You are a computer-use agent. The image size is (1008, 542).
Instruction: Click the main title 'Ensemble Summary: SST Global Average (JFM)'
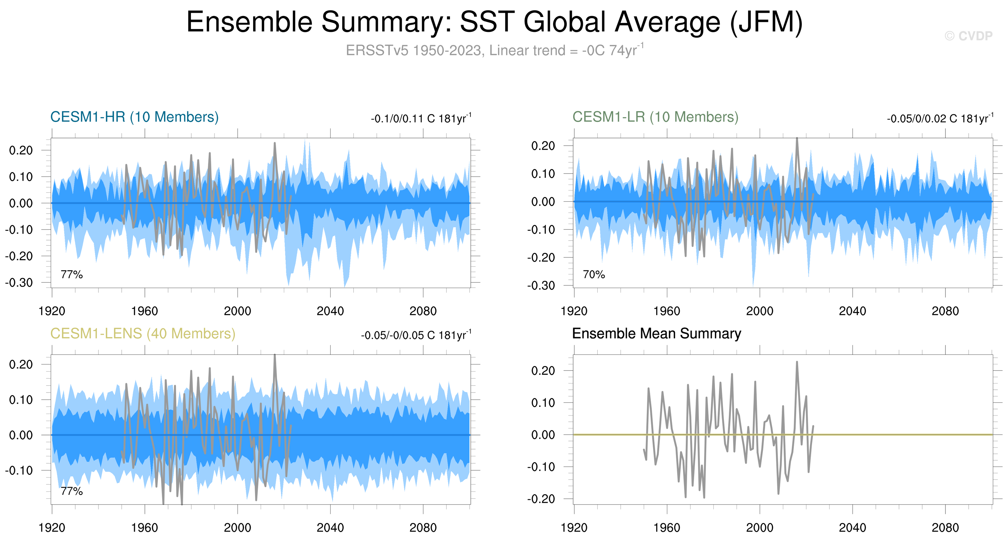coord(495,22)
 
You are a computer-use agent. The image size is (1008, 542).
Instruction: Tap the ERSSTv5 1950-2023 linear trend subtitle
coord(495,50)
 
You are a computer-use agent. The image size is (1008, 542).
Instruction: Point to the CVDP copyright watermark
coord(968,36)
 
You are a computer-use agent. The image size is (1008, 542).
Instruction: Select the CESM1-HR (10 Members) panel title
coord(134,117)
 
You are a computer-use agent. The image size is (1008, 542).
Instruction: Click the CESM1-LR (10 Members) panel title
coord(655,117)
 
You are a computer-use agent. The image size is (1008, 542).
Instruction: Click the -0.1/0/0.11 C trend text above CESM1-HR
coord(421,118)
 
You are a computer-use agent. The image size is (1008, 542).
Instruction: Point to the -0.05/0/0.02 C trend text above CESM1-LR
coord(940,118)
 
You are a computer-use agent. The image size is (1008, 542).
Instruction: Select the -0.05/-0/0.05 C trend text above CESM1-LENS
coord(416,335)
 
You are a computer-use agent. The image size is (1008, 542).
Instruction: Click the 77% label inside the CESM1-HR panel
coord(71,274)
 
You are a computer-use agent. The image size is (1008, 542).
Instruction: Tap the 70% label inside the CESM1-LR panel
coord(594,274)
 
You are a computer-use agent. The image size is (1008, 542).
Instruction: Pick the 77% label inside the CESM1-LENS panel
coord(71,491)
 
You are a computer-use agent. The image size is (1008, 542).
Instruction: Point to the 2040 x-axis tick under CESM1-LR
coord(852,311)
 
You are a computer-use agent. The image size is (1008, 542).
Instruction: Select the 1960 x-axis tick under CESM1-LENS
coord(145,527)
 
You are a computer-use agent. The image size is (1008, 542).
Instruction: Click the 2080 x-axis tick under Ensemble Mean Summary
coord(945,527)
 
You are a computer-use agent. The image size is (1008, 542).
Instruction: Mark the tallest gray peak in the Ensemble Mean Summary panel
coord(797,362)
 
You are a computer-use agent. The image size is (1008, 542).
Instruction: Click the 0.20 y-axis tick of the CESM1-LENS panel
coord(21,364)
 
